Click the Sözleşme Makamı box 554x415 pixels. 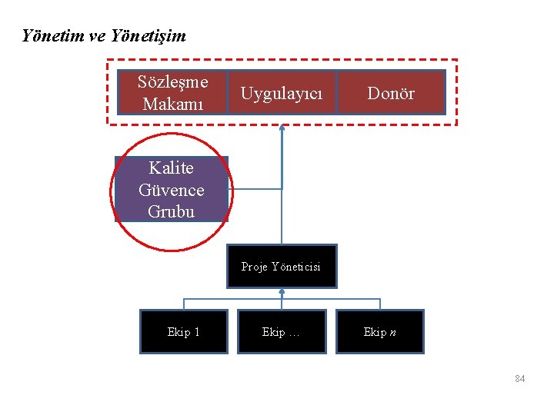172,92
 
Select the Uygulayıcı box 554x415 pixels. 282,93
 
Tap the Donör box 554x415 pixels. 391,93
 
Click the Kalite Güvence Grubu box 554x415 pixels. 172,190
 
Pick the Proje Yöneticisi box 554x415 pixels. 282,267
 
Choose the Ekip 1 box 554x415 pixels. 184,331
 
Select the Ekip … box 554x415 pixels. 282,331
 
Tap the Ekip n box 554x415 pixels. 380,331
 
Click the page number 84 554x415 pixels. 519,379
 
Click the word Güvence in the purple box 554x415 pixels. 172,190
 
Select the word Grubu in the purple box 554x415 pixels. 172,211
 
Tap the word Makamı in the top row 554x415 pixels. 173,103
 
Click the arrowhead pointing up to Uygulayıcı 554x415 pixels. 282,127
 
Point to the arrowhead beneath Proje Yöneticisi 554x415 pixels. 282,291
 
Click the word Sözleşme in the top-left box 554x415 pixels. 173,81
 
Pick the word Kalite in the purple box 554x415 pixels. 172,168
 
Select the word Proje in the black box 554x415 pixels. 255,267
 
